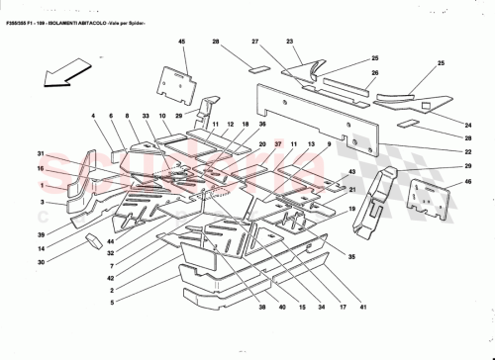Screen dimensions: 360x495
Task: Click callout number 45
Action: point(182,41)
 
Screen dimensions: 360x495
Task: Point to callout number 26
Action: point(375,73)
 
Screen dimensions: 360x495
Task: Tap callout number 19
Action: point(350,209)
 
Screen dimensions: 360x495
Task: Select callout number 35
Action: point(351,254)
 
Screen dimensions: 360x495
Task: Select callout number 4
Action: point(94,116)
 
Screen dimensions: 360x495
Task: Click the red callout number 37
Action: point(278,144)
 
